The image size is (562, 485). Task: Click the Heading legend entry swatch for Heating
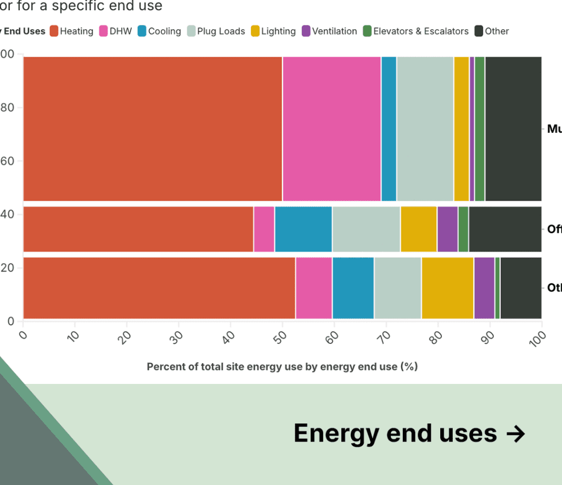54,31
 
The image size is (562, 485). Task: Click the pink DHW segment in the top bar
331,129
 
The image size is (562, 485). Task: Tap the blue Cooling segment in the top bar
389,129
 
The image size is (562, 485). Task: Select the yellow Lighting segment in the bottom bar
447,288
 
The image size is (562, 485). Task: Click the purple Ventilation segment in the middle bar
447,229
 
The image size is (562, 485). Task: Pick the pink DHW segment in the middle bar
264,229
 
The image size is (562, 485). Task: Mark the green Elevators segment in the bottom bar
497,288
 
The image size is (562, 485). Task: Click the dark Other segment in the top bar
513,129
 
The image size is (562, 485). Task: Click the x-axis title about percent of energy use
282,366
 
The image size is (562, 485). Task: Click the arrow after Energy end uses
515,433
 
